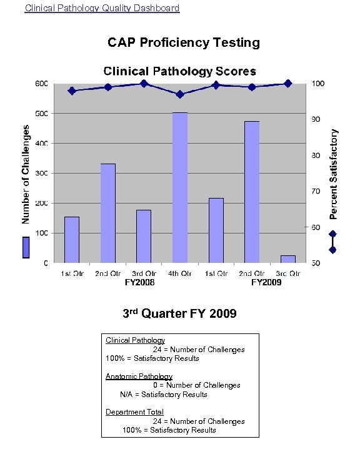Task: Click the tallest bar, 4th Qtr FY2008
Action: coord(180,187)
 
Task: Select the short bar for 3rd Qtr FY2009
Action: coord(288,258)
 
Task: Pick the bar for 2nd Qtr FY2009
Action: coord(252,192)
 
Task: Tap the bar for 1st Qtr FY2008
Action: coord(72,240)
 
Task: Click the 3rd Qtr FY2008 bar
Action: coord(144,236)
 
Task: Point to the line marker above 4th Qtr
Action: coord(180,94)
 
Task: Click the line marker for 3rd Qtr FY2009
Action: coord(287,83)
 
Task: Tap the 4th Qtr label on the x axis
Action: coord(180,273)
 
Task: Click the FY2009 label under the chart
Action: coord(266,283)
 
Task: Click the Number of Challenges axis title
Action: coord(26,174)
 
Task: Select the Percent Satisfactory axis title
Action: coord(334,174)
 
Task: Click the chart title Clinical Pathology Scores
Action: coord(179,71)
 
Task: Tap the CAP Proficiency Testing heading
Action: coord(184,42)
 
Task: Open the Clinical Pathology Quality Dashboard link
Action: coord(102,8)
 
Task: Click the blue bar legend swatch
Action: coord(26,247)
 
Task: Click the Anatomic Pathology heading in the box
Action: coord(139,376)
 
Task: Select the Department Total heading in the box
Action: coord(134,412)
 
